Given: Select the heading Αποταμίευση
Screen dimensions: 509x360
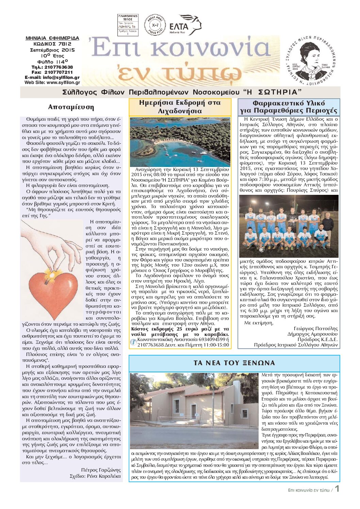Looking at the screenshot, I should [x=71, y=107].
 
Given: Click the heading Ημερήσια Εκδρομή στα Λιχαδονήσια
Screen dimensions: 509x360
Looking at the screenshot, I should [x=180, y=107].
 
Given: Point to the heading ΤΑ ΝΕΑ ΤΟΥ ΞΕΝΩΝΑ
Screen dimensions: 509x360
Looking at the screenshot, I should [x=234, y=363].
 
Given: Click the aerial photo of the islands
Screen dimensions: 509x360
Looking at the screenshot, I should [x=180, y=142].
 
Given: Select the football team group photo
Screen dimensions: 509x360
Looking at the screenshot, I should [x=289, y=226].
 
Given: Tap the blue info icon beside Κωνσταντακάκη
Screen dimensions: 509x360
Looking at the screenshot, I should [x=133, y=342].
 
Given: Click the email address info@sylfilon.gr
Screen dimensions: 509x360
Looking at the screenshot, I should [x=61, y=78].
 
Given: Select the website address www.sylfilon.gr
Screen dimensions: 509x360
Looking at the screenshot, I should [x=63, y=82].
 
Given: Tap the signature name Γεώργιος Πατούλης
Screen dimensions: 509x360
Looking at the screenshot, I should [x=315, y=328].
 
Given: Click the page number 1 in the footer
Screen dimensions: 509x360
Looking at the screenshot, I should [x=337, y=489].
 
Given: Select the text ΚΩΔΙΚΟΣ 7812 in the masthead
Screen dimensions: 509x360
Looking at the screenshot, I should [x=52, y=44].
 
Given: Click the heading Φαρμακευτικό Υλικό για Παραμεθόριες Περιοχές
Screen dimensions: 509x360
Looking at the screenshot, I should [x=289, y=107].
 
